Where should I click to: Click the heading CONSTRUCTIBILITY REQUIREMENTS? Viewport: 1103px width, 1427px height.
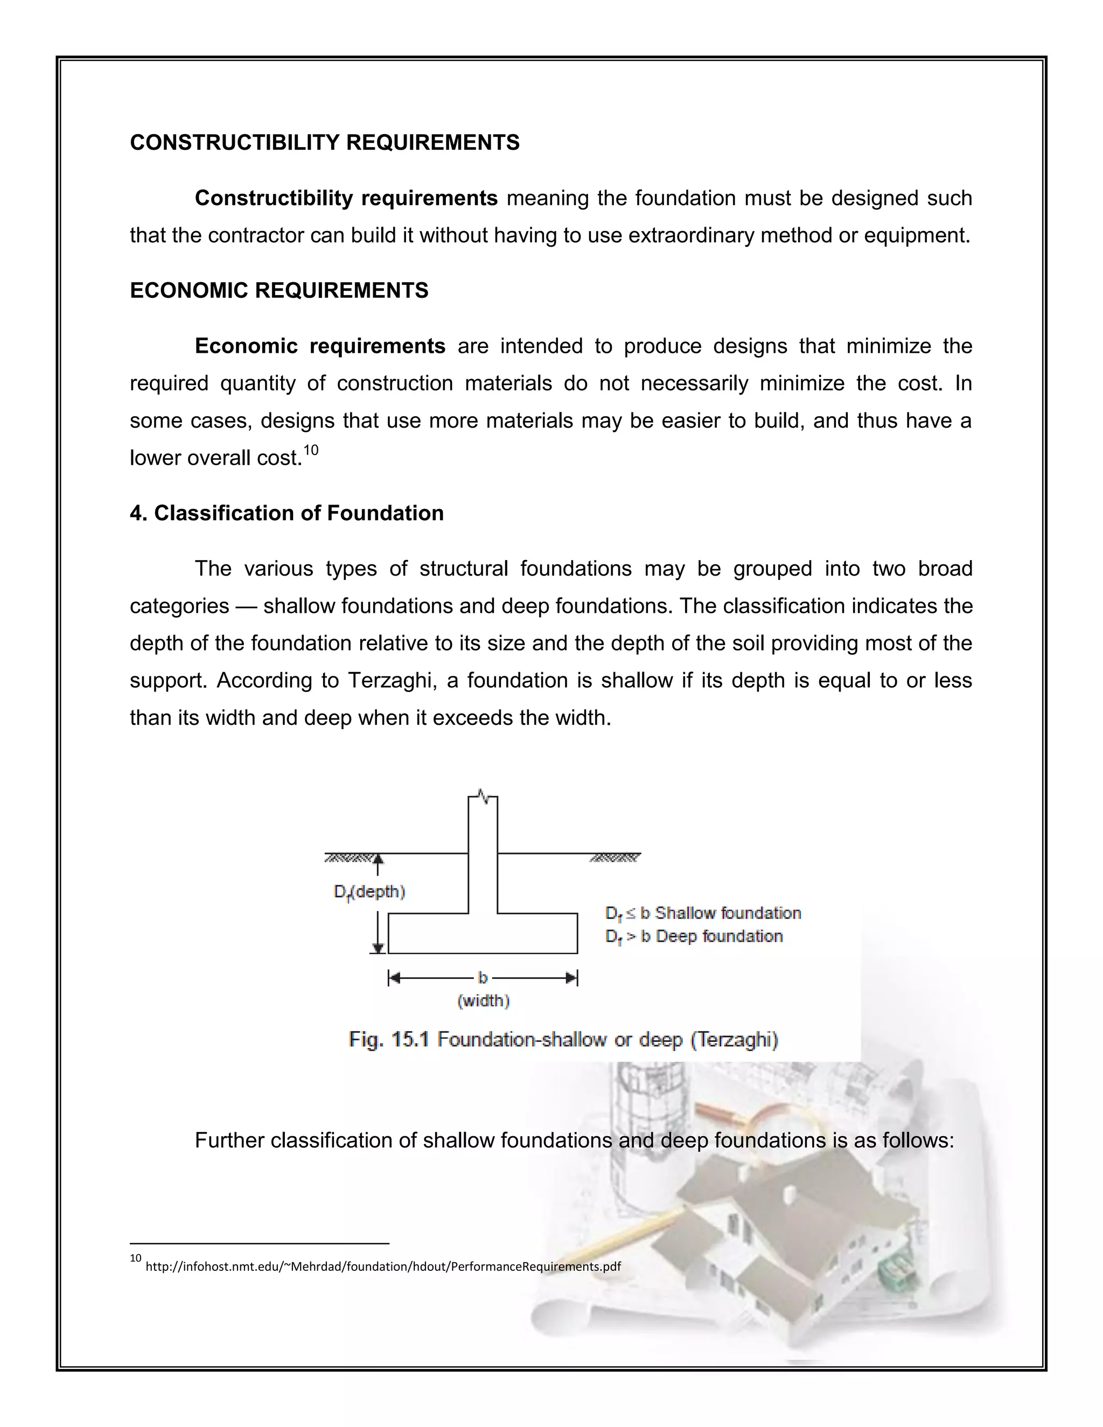coord(325,143)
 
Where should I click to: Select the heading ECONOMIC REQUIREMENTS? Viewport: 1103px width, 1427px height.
coord(279,290)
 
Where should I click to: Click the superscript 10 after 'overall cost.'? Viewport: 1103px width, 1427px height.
coord(311,450)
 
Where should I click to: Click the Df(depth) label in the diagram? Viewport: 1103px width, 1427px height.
coord(369,892)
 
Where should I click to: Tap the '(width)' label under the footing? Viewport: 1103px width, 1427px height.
coord(484,1001)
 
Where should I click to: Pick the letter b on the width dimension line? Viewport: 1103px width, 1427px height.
coord(483,977)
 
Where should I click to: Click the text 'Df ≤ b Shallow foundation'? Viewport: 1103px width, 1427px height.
coord(703,913)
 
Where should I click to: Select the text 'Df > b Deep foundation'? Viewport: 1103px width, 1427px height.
coord(694,936)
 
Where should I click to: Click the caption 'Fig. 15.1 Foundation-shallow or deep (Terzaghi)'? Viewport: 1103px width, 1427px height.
coord(563,1039)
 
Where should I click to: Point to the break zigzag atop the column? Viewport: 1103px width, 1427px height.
coord(483,796)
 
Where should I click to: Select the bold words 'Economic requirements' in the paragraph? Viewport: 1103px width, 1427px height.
coord(320,346)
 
